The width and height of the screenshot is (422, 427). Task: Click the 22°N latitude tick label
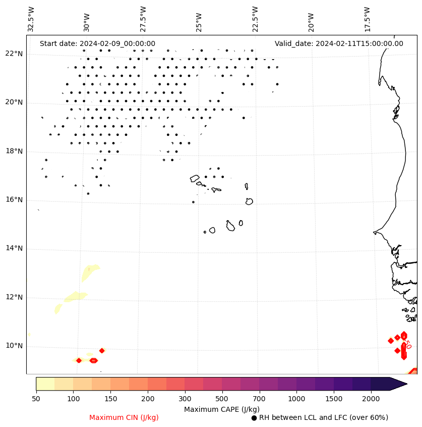coord(14,54)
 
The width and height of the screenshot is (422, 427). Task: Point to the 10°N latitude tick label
coord(14,346)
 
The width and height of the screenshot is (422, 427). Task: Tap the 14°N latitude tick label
coord(14,249)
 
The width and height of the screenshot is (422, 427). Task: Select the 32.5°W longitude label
coord(31,19)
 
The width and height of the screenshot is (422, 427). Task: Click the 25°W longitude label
coord(199,19)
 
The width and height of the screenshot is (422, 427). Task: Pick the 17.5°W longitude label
coord(367,19)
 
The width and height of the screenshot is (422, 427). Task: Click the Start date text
coord(97,43)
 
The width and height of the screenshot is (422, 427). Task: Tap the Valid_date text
coord(339,43)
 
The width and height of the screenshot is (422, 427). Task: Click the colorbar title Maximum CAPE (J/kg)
coord(222,409)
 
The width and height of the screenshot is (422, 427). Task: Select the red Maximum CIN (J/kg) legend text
coord(124,417)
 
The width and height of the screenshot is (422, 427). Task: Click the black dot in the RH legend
coord(254,418)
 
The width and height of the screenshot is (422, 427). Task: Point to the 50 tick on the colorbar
coord(36,399)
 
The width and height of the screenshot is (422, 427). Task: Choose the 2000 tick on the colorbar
coord(371,399)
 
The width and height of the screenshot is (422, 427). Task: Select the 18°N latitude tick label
coord(14,151)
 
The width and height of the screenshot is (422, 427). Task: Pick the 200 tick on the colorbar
coord(148,399)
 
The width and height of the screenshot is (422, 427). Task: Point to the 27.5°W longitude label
coord(143,19)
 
